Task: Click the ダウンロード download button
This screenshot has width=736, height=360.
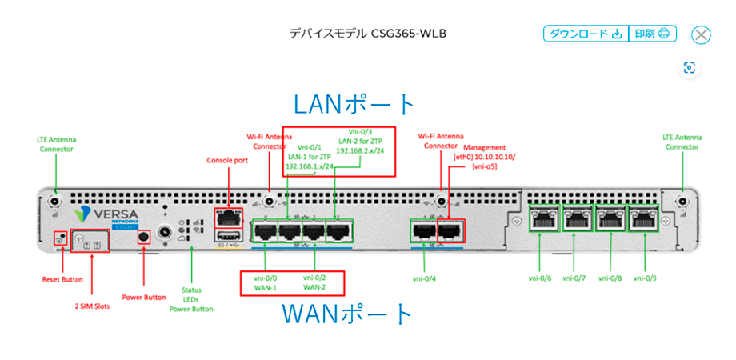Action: coord(586,34)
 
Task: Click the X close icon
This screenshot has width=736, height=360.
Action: coord(701,34)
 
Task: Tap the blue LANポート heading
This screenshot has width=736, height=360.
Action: coord(354,104)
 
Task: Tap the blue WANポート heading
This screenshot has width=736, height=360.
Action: coord(347,314)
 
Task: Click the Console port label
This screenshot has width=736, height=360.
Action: coord(227,160)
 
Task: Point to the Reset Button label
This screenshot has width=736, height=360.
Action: coord(62,279)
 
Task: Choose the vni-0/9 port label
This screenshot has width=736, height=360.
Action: coord(646,279)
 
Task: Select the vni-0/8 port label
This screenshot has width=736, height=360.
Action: coord(610,279)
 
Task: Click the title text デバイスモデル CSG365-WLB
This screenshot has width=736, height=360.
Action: coord(367,34)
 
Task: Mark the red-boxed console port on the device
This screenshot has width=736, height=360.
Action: coord(228,216)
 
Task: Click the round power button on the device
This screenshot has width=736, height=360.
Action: coord(144,238)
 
